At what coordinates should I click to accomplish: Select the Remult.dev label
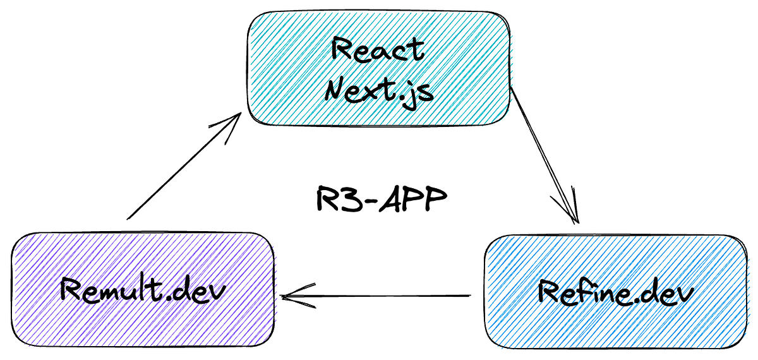[x=143, y=290]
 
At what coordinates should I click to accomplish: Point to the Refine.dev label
[x=615, y=292]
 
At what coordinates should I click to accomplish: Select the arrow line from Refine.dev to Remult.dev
[x=379, y=296]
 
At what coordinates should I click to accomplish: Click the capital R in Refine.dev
[x=550, y=292]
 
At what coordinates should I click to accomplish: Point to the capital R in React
[x=342, y=51]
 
